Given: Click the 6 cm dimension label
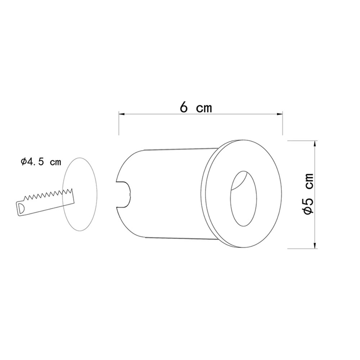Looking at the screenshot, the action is tap(196, 107).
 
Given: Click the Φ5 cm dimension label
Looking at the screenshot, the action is tap(308, 194).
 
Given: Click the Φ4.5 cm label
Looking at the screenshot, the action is tap(41, 162).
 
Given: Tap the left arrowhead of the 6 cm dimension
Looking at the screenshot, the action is tap(121, 114).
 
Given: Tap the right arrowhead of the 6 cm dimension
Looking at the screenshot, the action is tap(280, 114).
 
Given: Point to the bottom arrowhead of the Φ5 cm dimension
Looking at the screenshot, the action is tap(315, 245).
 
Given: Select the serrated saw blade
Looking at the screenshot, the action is tap(45, 202).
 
